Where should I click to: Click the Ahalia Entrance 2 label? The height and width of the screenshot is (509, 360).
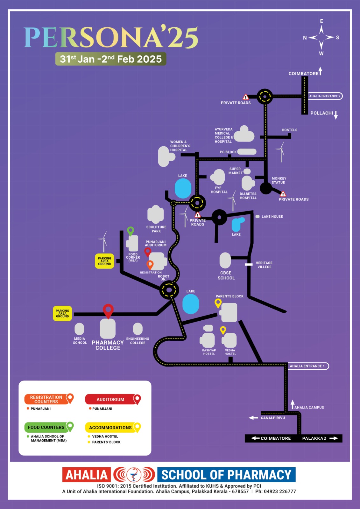coord(325,96)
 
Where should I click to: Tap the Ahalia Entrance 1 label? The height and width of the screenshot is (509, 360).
coord(307,366)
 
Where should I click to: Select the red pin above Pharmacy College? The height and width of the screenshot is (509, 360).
coord(108,310)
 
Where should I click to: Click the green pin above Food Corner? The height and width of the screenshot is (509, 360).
coord(131,231)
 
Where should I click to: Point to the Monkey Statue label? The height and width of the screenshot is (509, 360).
coord(279,180)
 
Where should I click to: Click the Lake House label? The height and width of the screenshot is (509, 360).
coord(272,217)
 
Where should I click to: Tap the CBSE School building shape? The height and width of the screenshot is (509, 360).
coord(225,260)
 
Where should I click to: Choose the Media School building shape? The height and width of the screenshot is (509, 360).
coord(79,329)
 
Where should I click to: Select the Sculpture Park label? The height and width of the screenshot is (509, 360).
coord(156,229)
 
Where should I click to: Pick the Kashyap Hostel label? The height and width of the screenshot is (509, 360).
coord(209,352)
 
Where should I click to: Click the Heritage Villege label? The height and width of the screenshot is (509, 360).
coord(264,265)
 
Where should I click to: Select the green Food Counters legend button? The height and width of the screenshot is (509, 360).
coord(46,427)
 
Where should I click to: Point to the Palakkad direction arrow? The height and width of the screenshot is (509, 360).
coord(334,438)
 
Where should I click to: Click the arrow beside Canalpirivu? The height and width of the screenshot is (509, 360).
coord(253,418)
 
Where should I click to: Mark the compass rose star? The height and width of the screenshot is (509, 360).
coord(321,38)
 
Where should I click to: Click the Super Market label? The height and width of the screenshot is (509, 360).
coord(235,171)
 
